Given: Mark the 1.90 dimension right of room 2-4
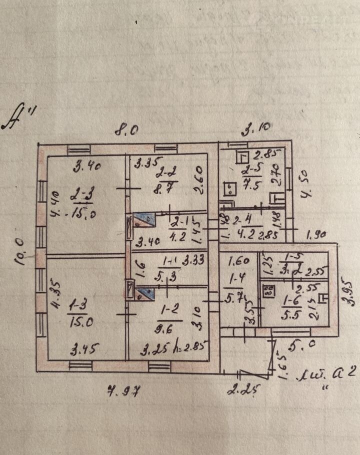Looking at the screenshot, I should point(316,233).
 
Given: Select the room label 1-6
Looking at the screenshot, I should point(291,300).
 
